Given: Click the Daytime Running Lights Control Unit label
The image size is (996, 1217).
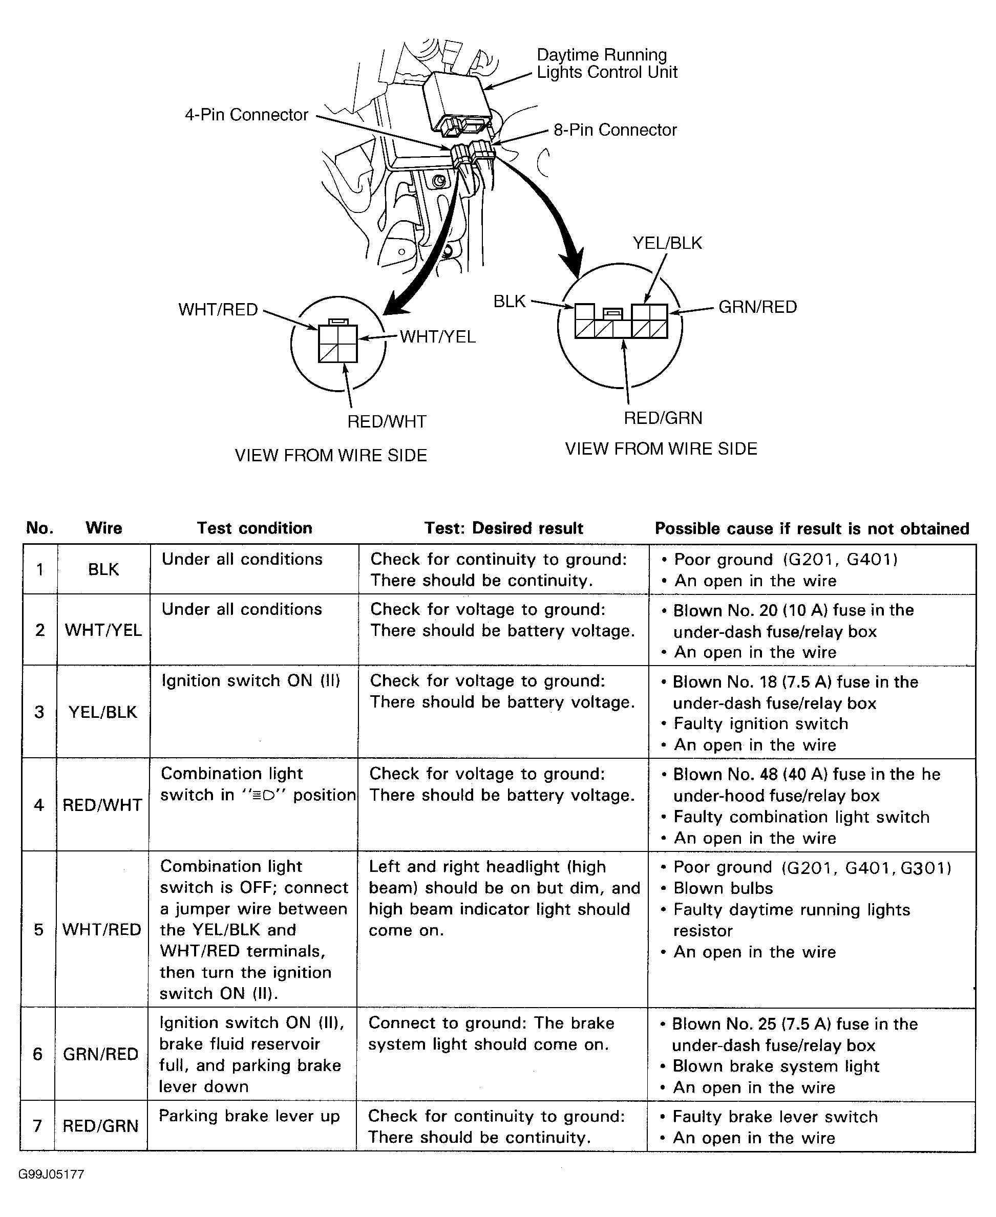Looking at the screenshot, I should (x=606, y=63).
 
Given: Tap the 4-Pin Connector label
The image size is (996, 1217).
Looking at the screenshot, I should (x=246, y=115).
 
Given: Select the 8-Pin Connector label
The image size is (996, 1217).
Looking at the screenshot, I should (x=614, y=130).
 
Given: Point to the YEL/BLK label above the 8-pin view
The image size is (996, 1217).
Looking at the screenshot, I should (x=667, y=243).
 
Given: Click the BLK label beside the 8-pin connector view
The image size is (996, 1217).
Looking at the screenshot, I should (x=510, y=302).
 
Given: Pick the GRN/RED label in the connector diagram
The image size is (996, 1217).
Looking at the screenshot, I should (x=757, y=307).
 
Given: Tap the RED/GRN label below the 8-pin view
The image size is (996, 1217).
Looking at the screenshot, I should (x=663, y=418).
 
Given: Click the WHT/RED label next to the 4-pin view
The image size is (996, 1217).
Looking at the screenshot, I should (x=218, y=310).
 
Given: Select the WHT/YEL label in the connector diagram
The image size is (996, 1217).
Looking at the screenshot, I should (x=437, y=337).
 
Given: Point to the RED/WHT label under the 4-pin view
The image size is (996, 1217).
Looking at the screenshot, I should (x=387, y=422).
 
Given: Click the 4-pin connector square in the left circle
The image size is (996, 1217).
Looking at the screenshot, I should (x=338, y=344).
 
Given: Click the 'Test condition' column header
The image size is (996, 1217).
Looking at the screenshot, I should (x=254, y=528).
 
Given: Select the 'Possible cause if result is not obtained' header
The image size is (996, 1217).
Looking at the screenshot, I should (x=812, y=529).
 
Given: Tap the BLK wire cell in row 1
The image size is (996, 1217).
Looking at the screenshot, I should (x=103, y=569).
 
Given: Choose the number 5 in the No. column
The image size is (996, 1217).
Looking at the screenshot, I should (x=38, y=930).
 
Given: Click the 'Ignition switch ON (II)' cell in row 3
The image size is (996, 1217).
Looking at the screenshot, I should (x=251, y=681).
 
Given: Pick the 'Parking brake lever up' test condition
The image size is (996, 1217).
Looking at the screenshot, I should (x=249, y=1116).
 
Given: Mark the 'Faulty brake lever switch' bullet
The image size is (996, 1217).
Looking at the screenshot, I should (x=775, y=1117).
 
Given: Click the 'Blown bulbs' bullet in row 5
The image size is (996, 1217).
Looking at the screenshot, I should (x=723, y=888).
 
